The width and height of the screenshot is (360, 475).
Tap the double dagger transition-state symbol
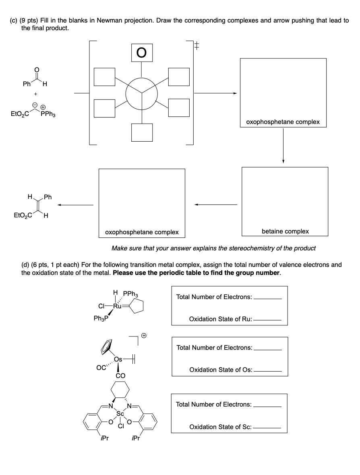[197, 46]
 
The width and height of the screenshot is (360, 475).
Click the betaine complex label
[285, 231]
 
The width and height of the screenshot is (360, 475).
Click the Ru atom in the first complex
[118, 306]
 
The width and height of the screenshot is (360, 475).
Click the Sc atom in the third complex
[120, 413]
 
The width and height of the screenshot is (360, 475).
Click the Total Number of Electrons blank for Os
[267, 349]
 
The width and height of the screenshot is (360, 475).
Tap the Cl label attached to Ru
[102, 306]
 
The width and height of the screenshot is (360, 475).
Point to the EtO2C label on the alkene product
[21, 215]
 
